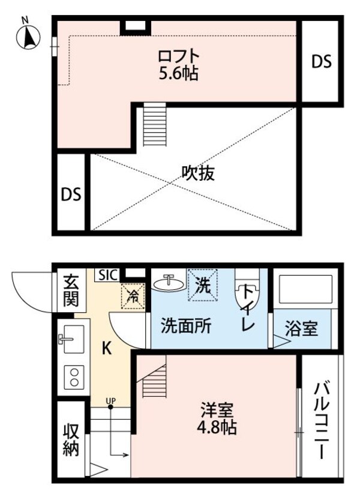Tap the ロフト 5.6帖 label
[178, 65]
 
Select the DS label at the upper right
[322, 63]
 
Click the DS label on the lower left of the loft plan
[71, 194]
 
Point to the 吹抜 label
[198, 173]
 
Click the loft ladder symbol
[154, 124]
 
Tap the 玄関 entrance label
[71, 290]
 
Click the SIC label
[107, 275]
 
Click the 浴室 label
[301, 329]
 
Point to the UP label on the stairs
[110, 400]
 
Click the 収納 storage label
[71, 439]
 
